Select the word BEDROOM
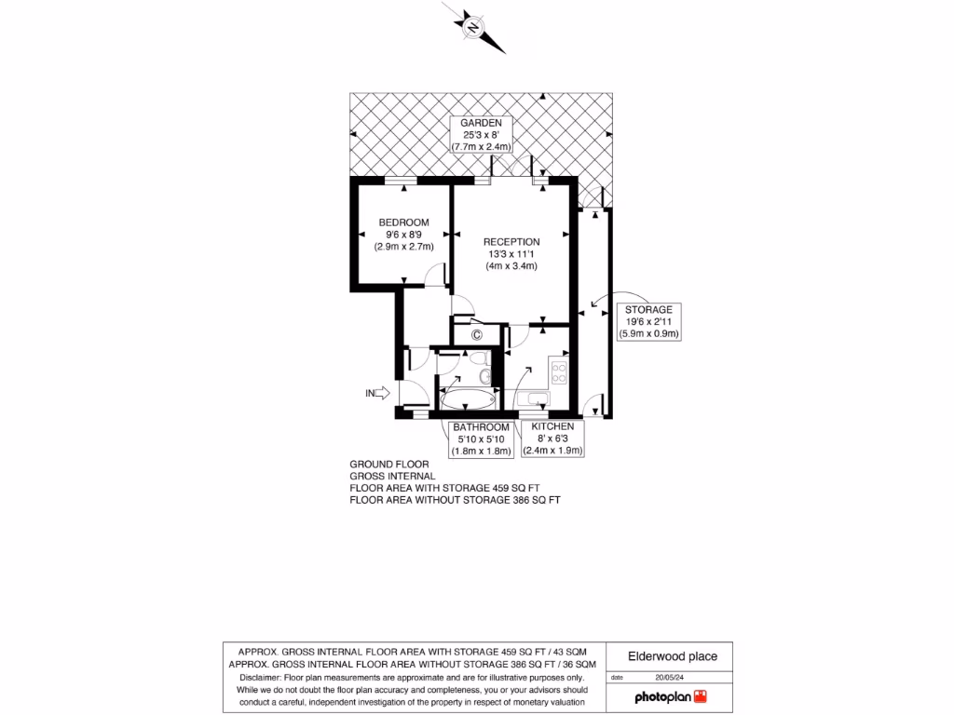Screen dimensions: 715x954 [x=403, y=223]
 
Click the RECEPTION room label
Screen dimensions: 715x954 [x=511, y=242]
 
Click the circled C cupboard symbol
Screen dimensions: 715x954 [x=476, y=334]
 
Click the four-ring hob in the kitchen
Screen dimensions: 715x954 [x=559, y=373]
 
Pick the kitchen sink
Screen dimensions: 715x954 [x=538, y=400]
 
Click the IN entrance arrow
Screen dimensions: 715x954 [x=376, y=394]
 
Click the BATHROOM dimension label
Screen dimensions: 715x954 [x=481, y=439]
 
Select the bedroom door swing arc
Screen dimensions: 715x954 [x=434, y=274]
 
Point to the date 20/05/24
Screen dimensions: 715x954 [x=668, y=678]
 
